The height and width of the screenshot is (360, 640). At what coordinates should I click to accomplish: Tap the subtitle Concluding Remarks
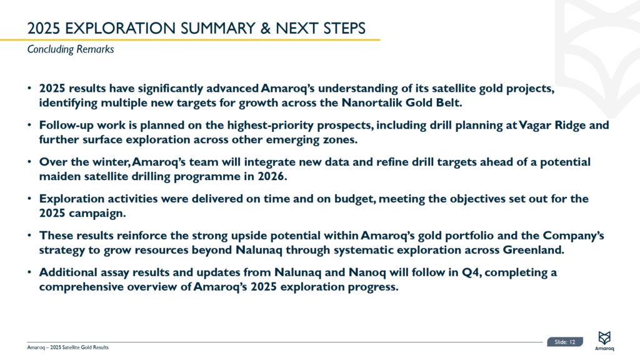(71, 49)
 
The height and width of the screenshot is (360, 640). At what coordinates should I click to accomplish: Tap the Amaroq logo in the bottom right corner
(604, 341)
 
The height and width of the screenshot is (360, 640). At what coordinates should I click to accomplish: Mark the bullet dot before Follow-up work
(30, 125)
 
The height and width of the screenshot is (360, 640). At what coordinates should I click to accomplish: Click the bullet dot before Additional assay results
(30, 272)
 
